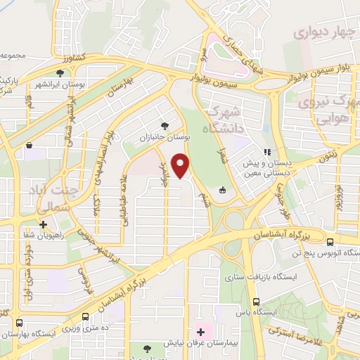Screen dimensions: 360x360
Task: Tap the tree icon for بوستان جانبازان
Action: (x=165, y=125)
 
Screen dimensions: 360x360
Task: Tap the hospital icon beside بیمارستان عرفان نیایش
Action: (x=200, y=331)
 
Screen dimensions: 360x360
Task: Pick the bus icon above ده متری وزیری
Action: (x=85, y=316)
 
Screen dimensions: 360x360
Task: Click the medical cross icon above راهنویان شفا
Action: (x=44, y=225)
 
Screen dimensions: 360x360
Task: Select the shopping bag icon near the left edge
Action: (x=30, y=146)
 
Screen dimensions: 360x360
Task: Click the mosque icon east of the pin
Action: (x=223, y=190)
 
